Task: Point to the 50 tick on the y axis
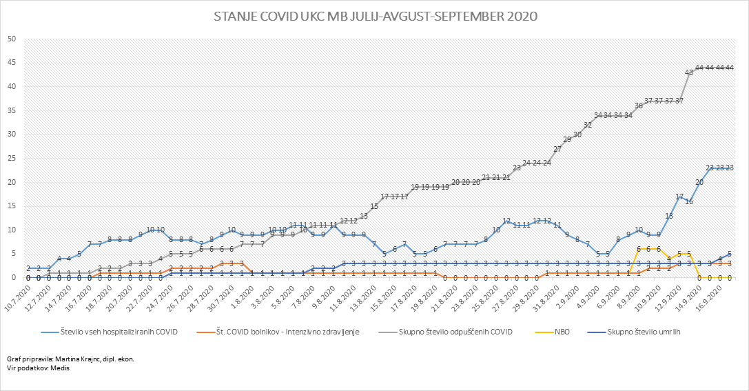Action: coord(12,39)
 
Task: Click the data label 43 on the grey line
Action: coord(688,72)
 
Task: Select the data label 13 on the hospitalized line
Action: coord(668,216)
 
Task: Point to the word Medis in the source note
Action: coord(59,368)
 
